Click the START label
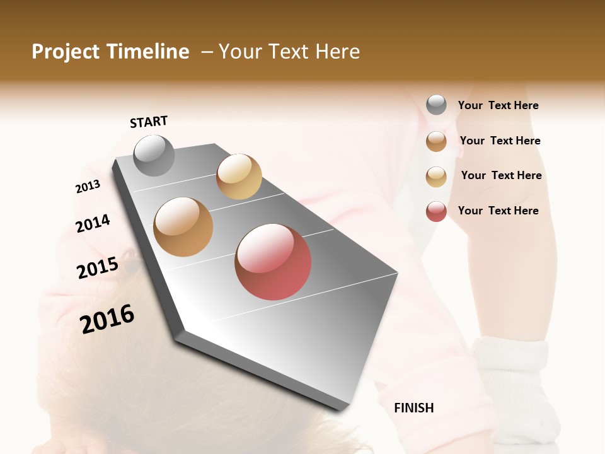(149, 122)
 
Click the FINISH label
(414, 408)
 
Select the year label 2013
(88, 187)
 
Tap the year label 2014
(93, 223)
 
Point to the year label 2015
(98, 268)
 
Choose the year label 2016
(107, 318)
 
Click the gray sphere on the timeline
(154, 155)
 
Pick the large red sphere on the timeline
(273, 262)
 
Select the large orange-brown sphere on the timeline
(183, 227)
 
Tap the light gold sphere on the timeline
(239, 177)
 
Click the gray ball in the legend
(436, 105)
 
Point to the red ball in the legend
(436, 211)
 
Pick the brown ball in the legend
(436, 141)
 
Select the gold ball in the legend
(436, 177)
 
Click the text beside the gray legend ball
(498, 105)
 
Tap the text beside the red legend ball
(498, 211)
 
